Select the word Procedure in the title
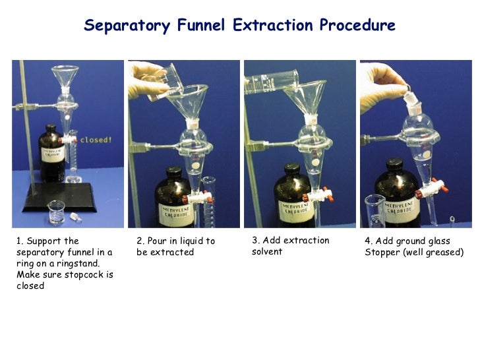point(357,26)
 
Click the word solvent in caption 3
point(267,252)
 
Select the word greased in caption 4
point(442,253)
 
